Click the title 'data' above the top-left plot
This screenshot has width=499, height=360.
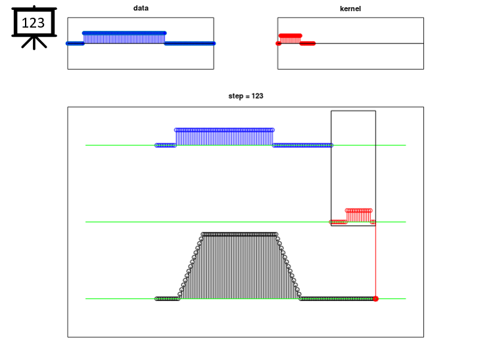[141, 8]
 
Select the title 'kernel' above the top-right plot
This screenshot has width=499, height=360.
[350, 9]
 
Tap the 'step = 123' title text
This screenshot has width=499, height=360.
[246, 96]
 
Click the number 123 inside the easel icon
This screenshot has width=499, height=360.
[33, 23]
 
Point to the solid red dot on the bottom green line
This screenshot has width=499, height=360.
[375, 299]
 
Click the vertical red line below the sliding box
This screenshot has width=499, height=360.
[376, 261]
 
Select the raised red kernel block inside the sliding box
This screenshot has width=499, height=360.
[359, 215]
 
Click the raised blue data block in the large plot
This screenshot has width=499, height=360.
[224, 137]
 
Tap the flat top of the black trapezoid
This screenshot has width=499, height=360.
[239, 235]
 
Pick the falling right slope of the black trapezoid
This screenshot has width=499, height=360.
[289, 267]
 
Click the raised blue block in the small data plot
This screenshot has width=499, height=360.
[124, 37]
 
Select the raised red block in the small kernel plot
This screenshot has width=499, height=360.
[290, 39]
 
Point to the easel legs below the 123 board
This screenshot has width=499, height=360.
[34, 43]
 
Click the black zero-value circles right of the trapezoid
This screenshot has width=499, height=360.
[337, 299]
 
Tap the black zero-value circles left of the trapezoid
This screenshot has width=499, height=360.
[168, 299]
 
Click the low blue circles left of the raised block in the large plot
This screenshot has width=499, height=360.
[166, 145]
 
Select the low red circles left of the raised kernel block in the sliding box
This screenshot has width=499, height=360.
[338, 222]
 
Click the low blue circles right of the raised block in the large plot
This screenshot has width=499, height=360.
[302, 145]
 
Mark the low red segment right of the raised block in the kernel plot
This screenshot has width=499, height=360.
[308, 43]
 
